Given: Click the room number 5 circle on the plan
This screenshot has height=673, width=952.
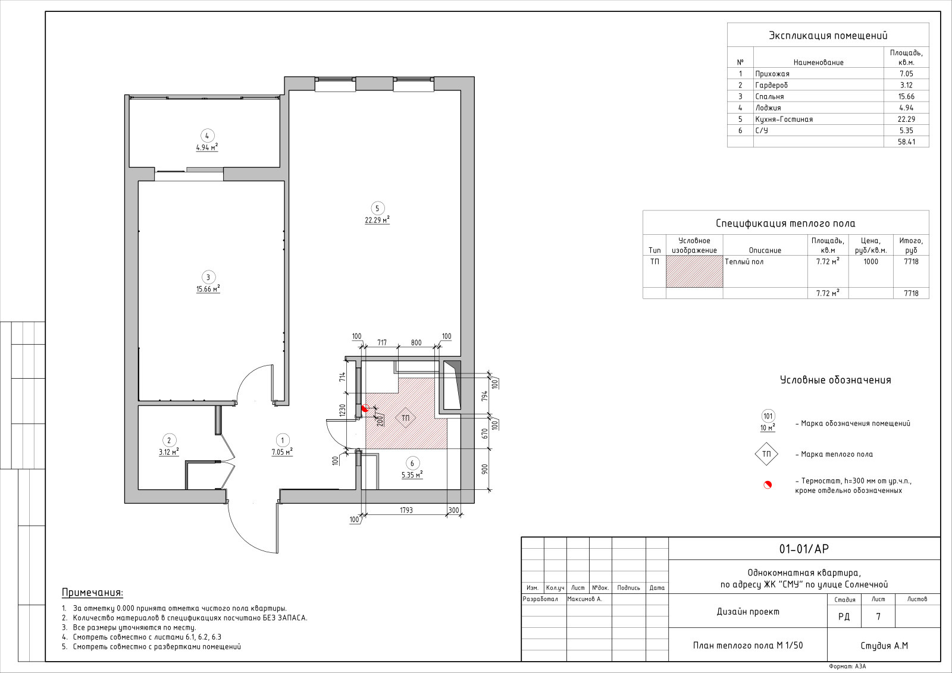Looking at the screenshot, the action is [377, 208].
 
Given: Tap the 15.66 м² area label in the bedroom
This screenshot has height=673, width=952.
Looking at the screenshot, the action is [208, 289].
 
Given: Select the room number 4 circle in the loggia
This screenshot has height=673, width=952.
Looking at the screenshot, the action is [207, 136].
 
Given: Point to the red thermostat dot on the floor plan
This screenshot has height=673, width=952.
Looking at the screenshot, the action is [365, 408].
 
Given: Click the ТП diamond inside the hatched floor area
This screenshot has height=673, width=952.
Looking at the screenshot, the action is [405, 418].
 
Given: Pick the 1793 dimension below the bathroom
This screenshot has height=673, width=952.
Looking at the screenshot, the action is [406, 510].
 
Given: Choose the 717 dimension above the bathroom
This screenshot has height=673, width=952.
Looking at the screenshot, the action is [381, 342].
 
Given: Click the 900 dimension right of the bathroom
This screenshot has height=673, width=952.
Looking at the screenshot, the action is [485, 469].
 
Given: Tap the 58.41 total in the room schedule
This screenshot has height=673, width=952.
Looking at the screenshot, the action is [907, 142].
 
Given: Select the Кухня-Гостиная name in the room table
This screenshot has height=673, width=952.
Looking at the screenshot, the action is [784, 119].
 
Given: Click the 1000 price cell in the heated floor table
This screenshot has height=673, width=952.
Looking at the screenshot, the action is [871, 262].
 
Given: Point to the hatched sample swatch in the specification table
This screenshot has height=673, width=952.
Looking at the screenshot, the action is [694, 271].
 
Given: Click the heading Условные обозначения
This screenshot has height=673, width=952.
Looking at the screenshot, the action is [835, 380].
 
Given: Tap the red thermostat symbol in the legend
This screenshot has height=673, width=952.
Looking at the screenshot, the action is [768, 485].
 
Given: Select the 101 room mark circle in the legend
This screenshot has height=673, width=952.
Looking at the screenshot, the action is [768, 416].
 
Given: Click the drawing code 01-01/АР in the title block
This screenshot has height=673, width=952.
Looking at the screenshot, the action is [804, 549].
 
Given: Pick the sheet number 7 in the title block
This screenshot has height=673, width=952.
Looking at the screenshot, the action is [878, 616].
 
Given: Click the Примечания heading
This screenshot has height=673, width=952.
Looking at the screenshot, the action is [93, 592].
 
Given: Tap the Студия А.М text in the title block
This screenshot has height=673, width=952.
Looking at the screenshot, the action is [884, 646].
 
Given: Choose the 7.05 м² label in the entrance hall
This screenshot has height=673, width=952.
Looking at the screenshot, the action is [282, 452].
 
